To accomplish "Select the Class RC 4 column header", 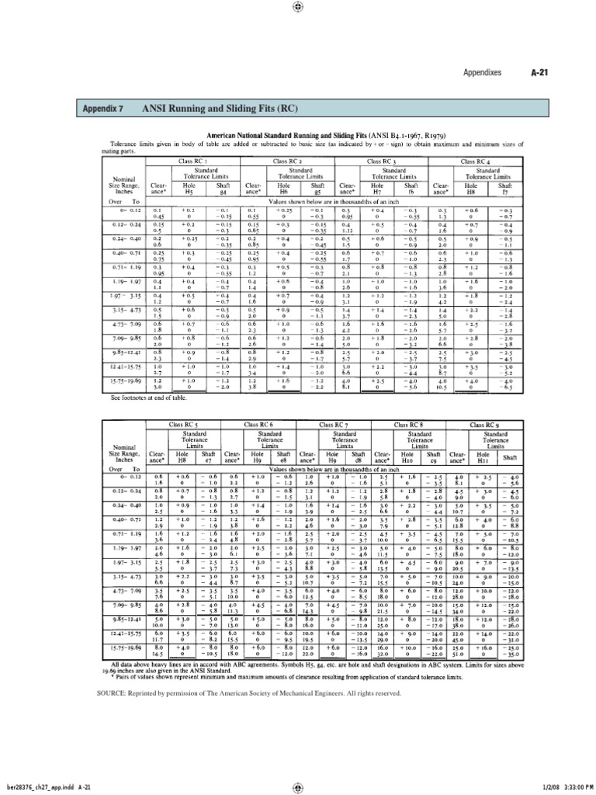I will point(478,161).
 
